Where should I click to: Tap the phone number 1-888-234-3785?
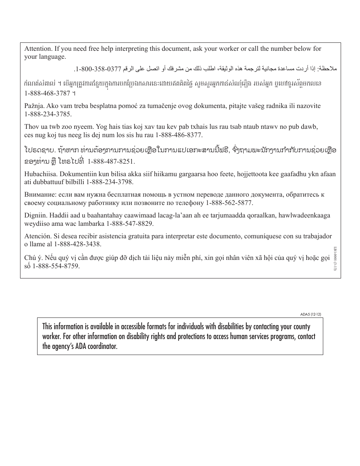48,114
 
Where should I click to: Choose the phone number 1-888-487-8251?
111,161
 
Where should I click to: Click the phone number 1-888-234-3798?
110,182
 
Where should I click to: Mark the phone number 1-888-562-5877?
229,203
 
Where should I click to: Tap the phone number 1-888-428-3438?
78,244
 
